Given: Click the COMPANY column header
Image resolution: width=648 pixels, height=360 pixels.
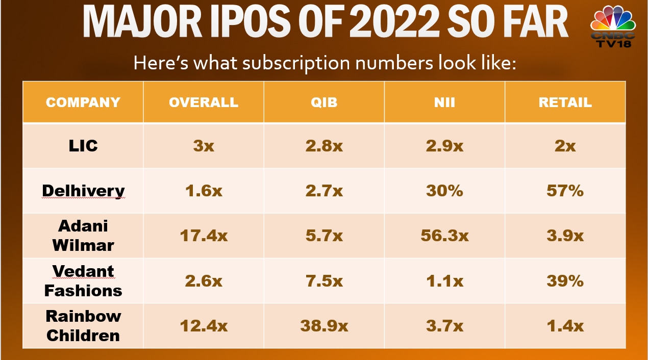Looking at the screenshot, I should [x=83, y=102].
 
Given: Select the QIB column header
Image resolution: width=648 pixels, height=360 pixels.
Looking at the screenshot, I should [x=324, y=102].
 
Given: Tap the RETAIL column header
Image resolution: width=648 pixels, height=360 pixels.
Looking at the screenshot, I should [x=565, y=102].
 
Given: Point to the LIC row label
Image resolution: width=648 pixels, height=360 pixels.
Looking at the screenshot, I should [x=83, y=146].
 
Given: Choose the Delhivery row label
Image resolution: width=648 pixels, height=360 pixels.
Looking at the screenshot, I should [x=83, y=191].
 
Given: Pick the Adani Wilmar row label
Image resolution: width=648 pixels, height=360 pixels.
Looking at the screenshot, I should [x=83, y=236].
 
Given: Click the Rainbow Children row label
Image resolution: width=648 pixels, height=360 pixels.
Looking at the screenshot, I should [x=83, y=326].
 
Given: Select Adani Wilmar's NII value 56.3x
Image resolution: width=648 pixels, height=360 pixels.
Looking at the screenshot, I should [x=444, y=236].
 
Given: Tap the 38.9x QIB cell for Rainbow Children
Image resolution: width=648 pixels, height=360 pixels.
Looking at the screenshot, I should [x=324, y=326].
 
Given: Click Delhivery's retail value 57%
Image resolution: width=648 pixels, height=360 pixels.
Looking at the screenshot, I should [x=565, y=191].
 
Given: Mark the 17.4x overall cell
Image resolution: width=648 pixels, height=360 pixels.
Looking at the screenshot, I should [x=204, y=236].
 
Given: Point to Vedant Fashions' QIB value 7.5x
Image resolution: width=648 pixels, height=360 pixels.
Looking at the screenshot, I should [x=324, y=281].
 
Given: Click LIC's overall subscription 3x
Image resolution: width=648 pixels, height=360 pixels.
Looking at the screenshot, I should [x=204, y=146].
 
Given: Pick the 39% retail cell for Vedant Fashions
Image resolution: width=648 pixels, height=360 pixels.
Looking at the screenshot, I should [x=565, y=281].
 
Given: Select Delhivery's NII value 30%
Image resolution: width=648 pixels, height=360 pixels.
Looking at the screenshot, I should [x=444, y=191].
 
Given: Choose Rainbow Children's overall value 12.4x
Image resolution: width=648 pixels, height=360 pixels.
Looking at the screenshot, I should [x=204, y=326].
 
